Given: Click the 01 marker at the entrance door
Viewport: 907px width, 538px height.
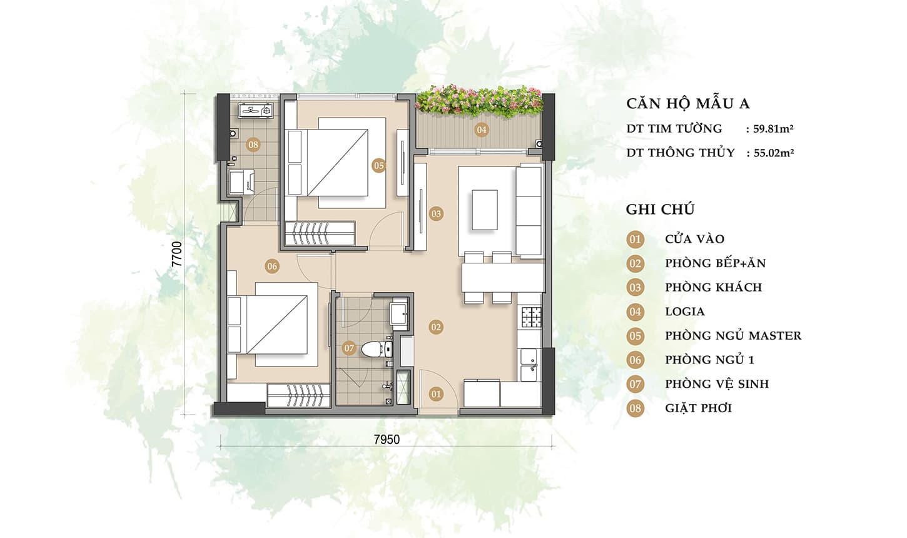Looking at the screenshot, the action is click(436, 394).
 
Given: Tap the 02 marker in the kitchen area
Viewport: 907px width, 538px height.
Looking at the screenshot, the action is click(436, 327).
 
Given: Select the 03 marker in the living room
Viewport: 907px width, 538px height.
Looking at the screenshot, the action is click(436, 214).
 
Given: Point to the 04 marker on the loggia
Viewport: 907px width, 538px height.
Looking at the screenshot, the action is click(482, 130).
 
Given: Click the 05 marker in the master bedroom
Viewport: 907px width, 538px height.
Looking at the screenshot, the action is click(378, 166).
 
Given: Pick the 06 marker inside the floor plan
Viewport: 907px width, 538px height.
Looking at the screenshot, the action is click(272, 266).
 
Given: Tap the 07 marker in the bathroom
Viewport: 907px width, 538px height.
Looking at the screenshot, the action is click(348, 348).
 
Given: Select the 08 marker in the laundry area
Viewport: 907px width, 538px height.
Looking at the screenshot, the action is click(253, 145).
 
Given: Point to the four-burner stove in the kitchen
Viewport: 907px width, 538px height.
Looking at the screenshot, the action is click(531, 317).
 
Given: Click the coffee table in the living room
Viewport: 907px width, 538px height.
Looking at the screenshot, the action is click(484, 210).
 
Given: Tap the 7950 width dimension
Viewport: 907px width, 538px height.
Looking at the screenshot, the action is click(387, 440).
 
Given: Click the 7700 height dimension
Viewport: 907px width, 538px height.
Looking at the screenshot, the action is click(178, 254).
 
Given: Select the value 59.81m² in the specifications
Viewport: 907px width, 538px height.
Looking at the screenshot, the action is click(773, 129).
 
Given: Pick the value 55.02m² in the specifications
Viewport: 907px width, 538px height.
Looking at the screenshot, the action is click(773, 153).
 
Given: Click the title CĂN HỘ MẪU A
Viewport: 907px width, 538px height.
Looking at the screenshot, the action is click(688, 104).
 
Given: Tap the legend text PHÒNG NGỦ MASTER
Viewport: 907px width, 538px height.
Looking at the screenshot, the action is click(733, 335).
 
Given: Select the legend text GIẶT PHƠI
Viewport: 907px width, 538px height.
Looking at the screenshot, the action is click(699, 408).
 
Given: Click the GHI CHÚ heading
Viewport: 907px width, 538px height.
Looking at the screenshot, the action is click(660, 210).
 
